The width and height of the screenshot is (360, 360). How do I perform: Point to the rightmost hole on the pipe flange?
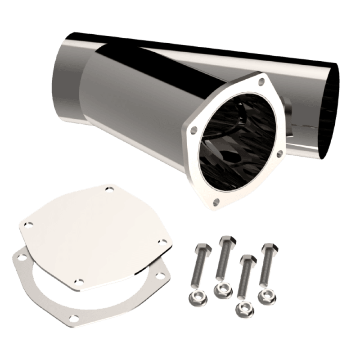[279, 154]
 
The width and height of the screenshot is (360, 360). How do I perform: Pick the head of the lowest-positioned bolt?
[247, 259]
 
